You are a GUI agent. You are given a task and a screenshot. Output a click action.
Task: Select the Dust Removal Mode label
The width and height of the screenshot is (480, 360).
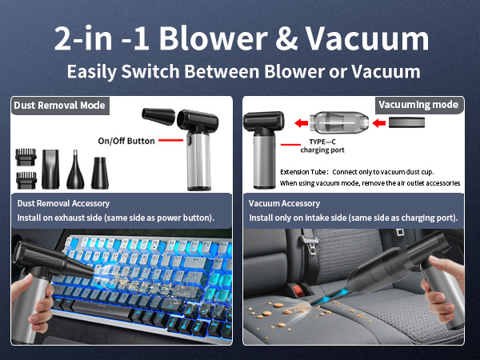[59, 106]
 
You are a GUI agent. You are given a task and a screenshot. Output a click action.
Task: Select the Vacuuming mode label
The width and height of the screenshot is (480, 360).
[418, 105]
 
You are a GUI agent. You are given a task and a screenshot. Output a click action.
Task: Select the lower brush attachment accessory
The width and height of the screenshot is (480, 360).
[26, 178]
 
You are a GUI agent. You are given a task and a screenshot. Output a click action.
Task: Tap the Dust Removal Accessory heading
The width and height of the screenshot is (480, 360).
[63, 204]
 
